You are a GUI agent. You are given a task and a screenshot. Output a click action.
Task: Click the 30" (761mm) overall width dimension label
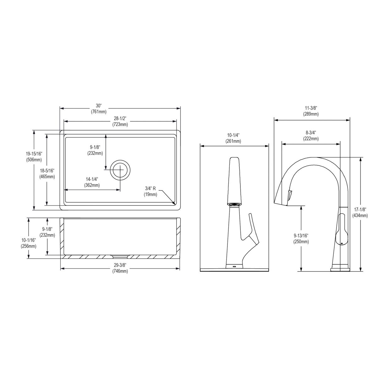pos(99,108)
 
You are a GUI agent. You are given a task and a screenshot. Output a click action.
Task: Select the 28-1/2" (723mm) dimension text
pos(120,121)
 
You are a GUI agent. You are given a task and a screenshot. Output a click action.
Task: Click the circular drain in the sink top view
pos(120,169)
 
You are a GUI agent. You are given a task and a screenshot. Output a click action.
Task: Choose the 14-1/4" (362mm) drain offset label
pos(92,182)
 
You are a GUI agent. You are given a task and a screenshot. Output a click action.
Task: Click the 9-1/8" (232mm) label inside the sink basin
pos(95,150)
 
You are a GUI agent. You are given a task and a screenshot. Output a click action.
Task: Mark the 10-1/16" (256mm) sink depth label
pos(29,243)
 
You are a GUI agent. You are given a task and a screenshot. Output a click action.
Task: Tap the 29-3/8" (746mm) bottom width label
pos(120,268)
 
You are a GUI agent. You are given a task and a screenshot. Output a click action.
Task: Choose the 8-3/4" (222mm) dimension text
pos(311,136)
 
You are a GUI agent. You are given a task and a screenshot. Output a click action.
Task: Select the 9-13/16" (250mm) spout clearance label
pos(301,238)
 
